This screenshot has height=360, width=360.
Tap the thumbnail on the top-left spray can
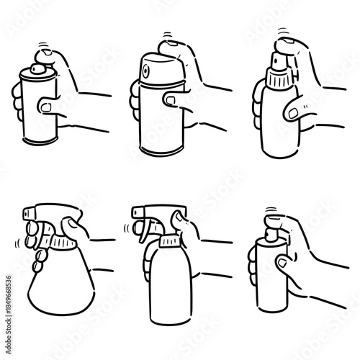point(45,107)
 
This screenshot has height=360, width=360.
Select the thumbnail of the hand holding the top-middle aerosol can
point(170,98)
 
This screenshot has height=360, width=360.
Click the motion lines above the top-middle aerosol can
point(168,35)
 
